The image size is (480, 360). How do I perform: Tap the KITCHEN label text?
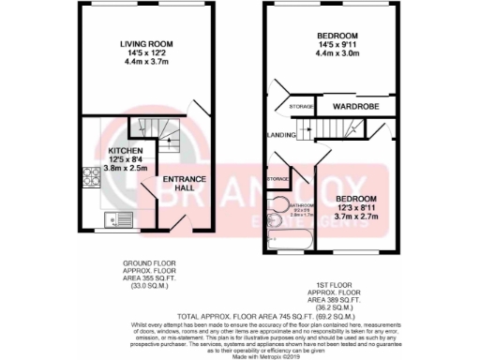[126, 150]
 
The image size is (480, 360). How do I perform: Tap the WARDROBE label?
[354, 107]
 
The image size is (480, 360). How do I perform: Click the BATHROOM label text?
[302, 204]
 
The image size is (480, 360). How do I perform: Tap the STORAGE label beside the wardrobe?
[301, 108]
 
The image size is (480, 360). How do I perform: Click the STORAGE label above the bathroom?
[277, 178]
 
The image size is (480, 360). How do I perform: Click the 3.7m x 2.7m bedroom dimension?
[357, 215]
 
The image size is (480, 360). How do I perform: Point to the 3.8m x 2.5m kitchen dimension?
[126, 169]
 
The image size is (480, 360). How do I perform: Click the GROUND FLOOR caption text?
[146, 265]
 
